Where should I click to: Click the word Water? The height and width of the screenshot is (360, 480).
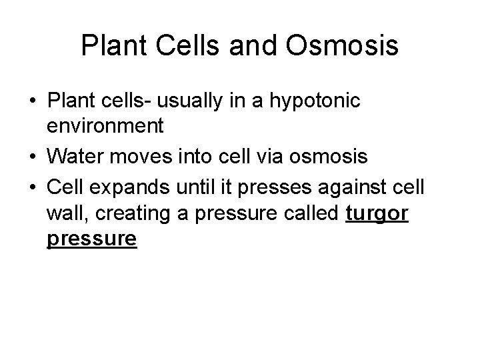[x=78, y=157]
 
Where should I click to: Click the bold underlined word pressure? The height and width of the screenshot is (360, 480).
[x=92, y=239]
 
